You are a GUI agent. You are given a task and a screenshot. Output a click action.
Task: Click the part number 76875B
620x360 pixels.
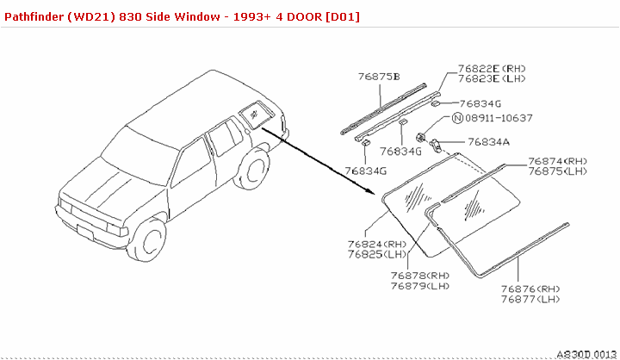point(379,77)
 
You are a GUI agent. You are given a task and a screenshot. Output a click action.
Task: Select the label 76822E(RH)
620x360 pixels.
point(492,68)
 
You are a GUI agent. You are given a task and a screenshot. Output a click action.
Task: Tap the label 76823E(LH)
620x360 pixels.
point(492,79)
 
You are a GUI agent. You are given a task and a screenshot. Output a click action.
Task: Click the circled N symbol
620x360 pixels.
point(458,118)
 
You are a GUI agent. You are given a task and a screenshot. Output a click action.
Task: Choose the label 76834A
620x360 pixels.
point(489,142)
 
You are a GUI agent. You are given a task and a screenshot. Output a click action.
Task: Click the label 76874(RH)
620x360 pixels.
point(558,161)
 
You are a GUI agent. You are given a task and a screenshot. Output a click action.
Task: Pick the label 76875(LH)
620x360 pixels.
point(558,171)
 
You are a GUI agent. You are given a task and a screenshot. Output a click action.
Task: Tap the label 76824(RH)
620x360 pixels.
point(377,244)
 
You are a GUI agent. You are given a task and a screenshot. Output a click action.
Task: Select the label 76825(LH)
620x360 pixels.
point(377,254)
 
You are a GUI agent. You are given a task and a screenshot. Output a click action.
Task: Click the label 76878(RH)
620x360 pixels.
point(420,275)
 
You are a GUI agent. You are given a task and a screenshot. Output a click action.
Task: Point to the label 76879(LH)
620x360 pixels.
point(420,285)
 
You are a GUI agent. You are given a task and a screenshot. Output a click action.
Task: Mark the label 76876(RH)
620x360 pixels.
point(530,289)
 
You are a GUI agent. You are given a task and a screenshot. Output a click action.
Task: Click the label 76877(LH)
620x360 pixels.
point(530,299)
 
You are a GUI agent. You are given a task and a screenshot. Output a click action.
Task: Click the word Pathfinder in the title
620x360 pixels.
point(35,16)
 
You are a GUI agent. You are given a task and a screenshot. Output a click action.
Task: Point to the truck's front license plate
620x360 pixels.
point(85,231)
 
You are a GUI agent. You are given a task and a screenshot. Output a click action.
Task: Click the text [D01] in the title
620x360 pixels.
point(342,16)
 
